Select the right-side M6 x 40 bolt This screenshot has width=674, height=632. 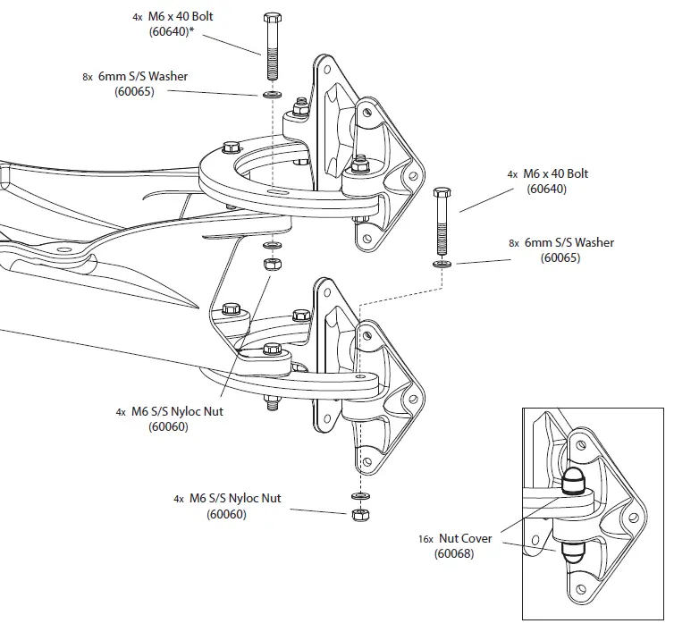(442, 223)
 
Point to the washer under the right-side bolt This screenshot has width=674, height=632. (442, 265)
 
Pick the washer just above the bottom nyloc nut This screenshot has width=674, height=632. (360, 494)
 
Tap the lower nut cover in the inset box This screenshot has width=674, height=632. (571, 547)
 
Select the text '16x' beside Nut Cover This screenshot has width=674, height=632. (425, 540)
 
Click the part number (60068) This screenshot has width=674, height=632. (454, 555)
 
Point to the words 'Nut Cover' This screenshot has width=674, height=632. (464, 539)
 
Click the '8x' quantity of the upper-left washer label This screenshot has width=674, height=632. (88, 78)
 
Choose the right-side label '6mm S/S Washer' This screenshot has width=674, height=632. (569, 242)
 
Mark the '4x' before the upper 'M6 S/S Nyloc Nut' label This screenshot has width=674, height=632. (120, 413)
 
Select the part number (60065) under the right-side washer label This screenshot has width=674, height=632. (560, 258)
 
